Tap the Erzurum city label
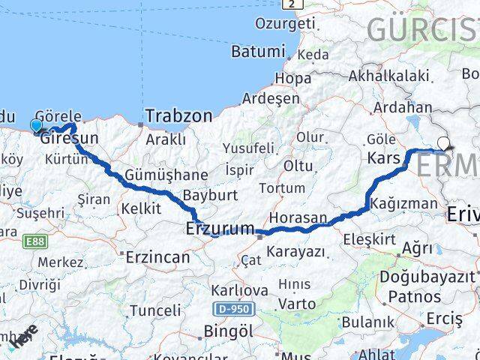point(220,229)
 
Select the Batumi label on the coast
point(259,52)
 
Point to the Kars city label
point(385,158)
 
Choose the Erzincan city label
point(157,256)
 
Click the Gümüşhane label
point(156,174)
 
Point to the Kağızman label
point(409,203)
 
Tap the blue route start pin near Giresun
point(36,125)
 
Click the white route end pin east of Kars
point(444,144)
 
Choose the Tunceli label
point(154,310)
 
